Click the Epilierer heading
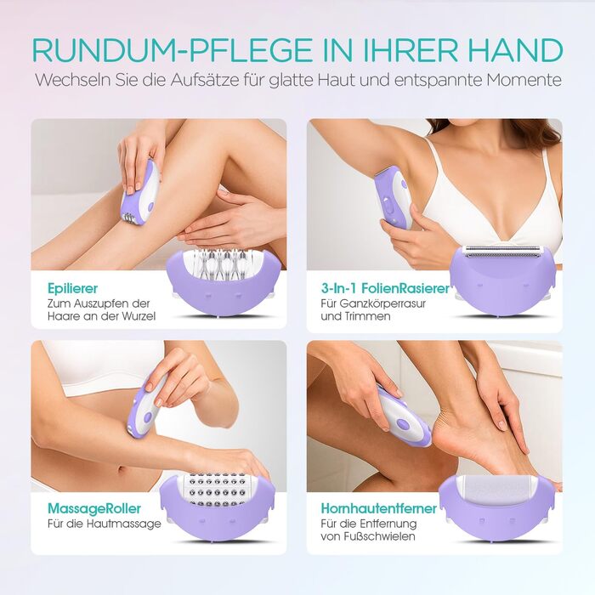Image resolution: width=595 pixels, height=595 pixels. point(72,289)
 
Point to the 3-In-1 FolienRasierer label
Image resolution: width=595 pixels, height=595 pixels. point(385,289)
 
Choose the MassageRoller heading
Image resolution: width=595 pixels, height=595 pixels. point(94,508)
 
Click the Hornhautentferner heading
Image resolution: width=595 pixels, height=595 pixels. point(379,508)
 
